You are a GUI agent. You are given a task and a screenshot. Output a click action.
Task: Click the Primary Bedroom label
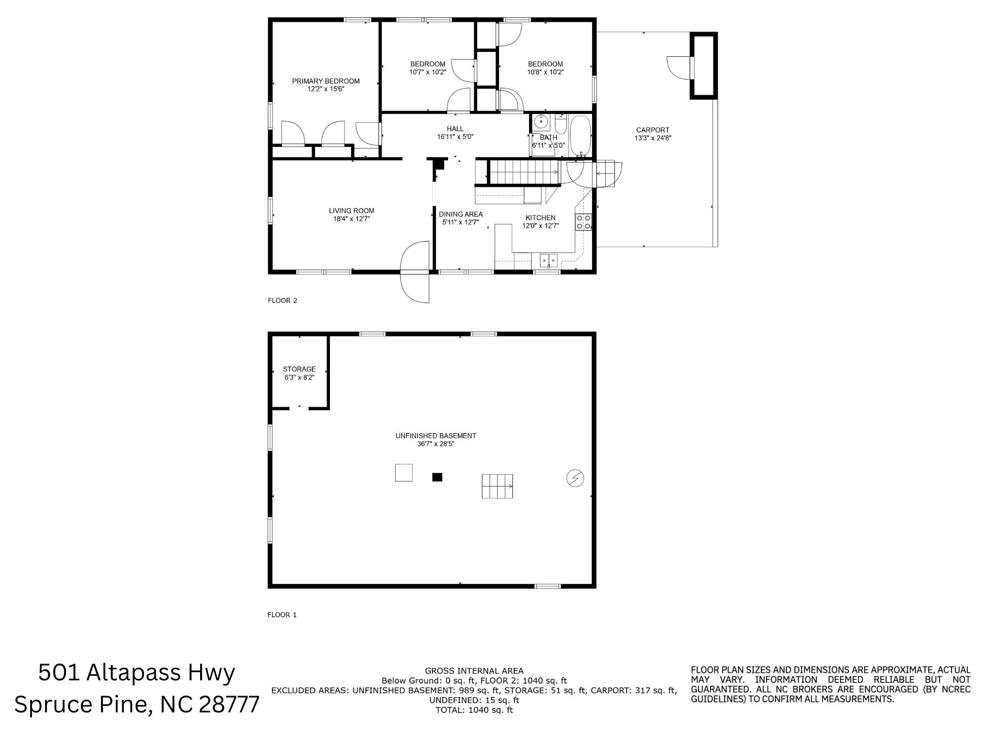326,81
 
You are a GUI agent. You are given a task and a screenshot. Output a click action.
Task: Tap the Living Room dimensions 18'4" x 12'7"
352,219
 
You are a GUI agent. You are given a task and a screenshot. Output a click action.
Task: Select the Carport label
653,130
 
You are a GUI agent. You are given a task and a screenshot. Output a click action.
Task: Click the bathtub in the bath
580,135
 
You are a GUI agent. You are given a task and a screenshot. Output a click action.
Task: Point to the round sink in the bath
541,120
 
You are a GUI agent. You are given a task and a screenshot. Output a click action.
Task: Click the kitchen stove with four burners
583,222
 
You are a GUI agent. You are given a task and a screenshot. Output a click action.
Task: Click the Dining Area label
461,214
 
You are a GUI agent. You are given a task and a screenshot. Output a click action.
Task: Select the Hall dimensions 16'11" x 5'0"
455,137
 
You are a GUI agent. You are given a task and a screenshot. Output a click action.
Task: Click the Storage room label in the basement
299,369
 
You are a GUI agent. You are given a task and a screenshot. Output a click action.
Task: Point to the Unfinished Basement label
436,436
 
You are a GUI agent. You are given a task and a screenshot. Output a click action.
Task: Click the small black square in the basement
437,477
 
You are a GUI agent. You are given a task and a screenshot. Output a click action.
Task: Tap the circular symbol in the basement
575,478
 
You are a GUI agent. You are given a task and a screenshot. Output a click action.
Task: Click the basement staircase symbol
497,486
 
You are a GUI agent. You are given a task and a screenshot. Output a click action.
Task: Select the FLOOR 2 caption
282,300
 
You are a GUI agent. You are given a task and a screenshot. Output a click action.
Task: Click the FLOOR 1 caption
282,615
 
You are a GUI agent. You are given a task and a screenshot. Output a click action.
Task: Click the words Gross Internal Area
474,670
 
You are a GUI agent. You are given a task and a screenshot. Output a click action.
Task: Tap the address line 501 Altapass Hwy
137,673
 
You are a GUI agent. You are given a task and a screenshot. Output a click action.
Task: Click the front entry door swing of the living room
415,272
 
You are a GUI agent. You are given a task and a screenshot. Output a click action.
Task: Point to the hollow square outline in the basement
404,473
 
